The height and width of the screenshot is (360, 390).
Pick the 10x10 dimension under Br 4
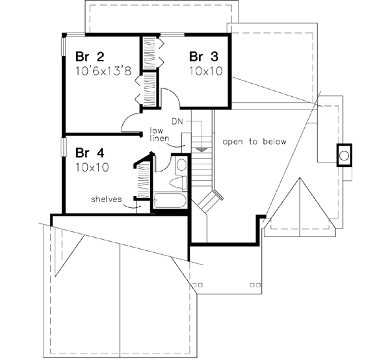[92, 168]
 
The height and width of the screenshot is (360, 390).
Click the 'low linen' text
[160, 135]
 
